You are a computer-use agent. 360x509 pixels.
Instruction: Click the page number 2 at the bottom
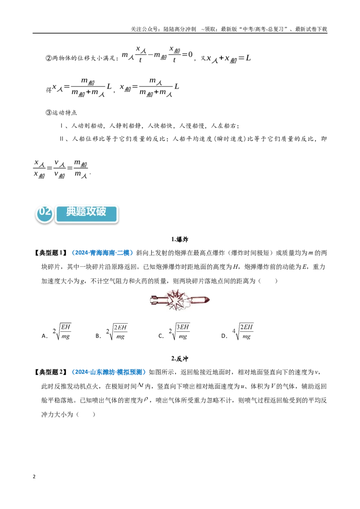pyautogui.click(x=34, y=477)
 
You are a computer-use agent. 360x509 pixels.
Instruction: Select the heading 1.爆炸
pyautogui.click(x=180, y=240)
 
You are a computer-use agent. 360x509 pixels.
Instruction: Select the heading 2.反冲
pyautogui.click(x=180, y=359)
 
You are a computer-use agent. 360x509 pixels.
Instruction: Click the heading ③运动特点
pyautogui.click(x=61, y=113)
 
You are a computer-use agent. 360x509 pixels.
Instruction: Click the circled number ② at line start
pyautogui.click(x=49, y=58)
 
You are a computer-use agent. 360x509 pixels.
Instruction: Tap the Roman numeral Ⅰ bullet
pyautogui.click(x=61, y=125)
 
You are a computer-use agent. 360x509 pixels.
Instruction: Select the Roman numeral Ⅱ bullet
pyautogui.click(x=62, y=139)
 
